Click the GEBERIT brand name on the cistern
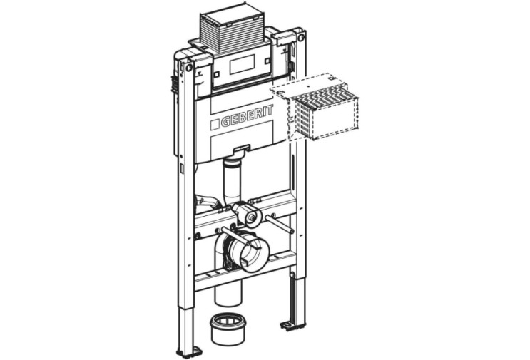click(x=247, y=116)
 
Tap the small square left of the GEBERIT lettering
click(x=215, y=124)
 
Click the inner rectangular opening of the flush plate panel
click(x=242, y=64)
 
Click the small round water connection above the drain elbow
click(x=251, y=217)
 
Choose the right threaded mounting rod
click(x=279, y=223)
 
